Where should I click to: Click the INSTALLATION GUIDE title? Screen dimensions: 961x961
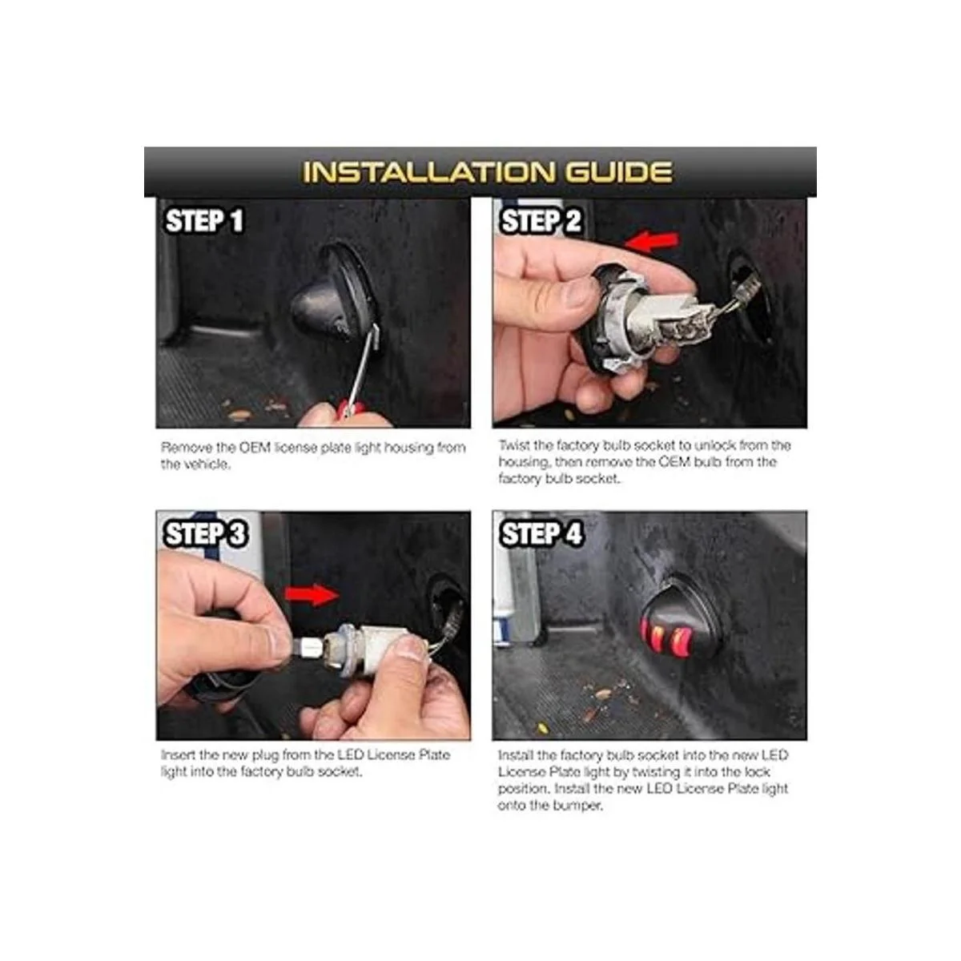[487, 171]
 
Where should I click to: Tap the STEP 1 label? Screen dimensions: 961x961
[204, 221]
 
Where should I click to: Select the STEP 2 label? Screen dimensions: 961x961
[541, 221]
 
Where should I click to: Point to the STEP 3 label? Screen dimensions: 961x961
[205, 533]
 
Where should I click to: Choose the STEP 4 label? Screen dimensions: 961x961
[541, 533]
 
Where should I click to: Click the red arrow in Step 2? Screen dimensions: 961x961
[652, 241]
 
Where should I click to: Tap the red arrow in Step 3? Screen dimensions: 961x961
[312, 594]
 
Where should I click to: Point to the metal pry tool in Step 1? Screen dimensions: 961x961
[361, 368]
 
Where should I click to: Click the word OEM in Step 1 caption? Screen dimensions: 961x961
[255, 448]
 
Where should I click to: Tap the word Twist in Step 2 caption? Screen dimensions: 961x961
[513, 444]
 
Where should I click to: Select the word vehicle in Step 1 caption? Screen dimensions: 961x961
[207, 464]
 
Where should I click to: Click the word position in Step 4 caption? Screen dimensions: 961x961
[524, 790]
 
